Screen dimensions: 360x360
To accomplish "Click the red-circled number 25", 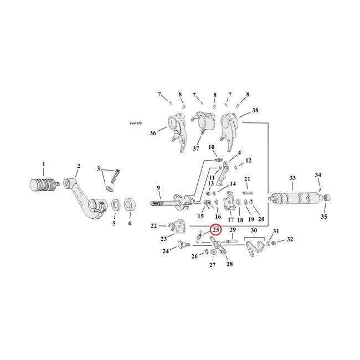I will click(215, 230).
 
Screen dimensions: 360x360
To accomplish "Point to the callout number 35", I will click(324, 217).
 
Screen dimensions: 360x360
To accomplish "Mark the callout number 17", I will click(230, 219).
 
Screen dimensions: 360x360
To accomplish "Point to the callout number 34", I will click(318, 175).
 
